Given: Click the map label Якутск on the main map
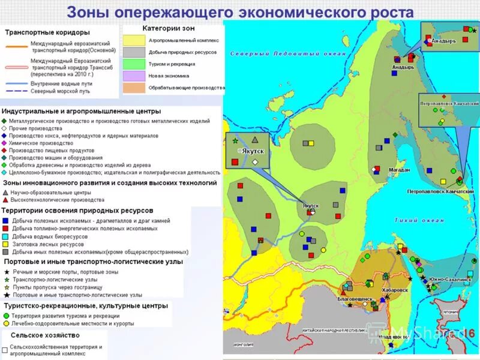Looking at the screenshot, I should pos(311,206).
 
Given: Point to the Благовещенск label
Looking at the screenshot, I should pos(355,298).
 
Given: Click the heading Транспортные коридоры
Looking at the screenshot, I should pos(47,32).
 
